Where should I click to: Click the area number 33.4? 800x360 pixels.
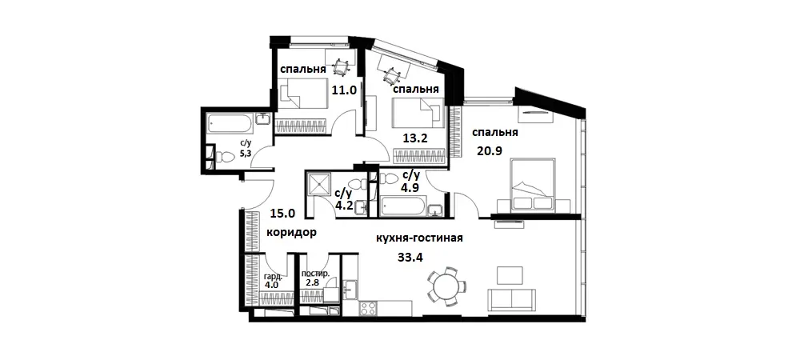click(x=410, y=257)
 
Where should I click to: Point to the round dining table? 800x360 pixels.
click(x=443, y=286)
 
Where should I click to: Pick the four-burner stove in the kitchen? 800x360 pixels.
click(x=370, y=307)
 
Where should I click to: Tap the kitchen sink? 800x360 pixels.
click(x=351, y=286)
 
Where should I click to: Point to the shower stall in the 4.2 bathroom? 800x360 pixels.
click(x=319, y=185)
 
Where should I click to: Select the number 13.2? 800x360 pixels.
click(x=415, y=138)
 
